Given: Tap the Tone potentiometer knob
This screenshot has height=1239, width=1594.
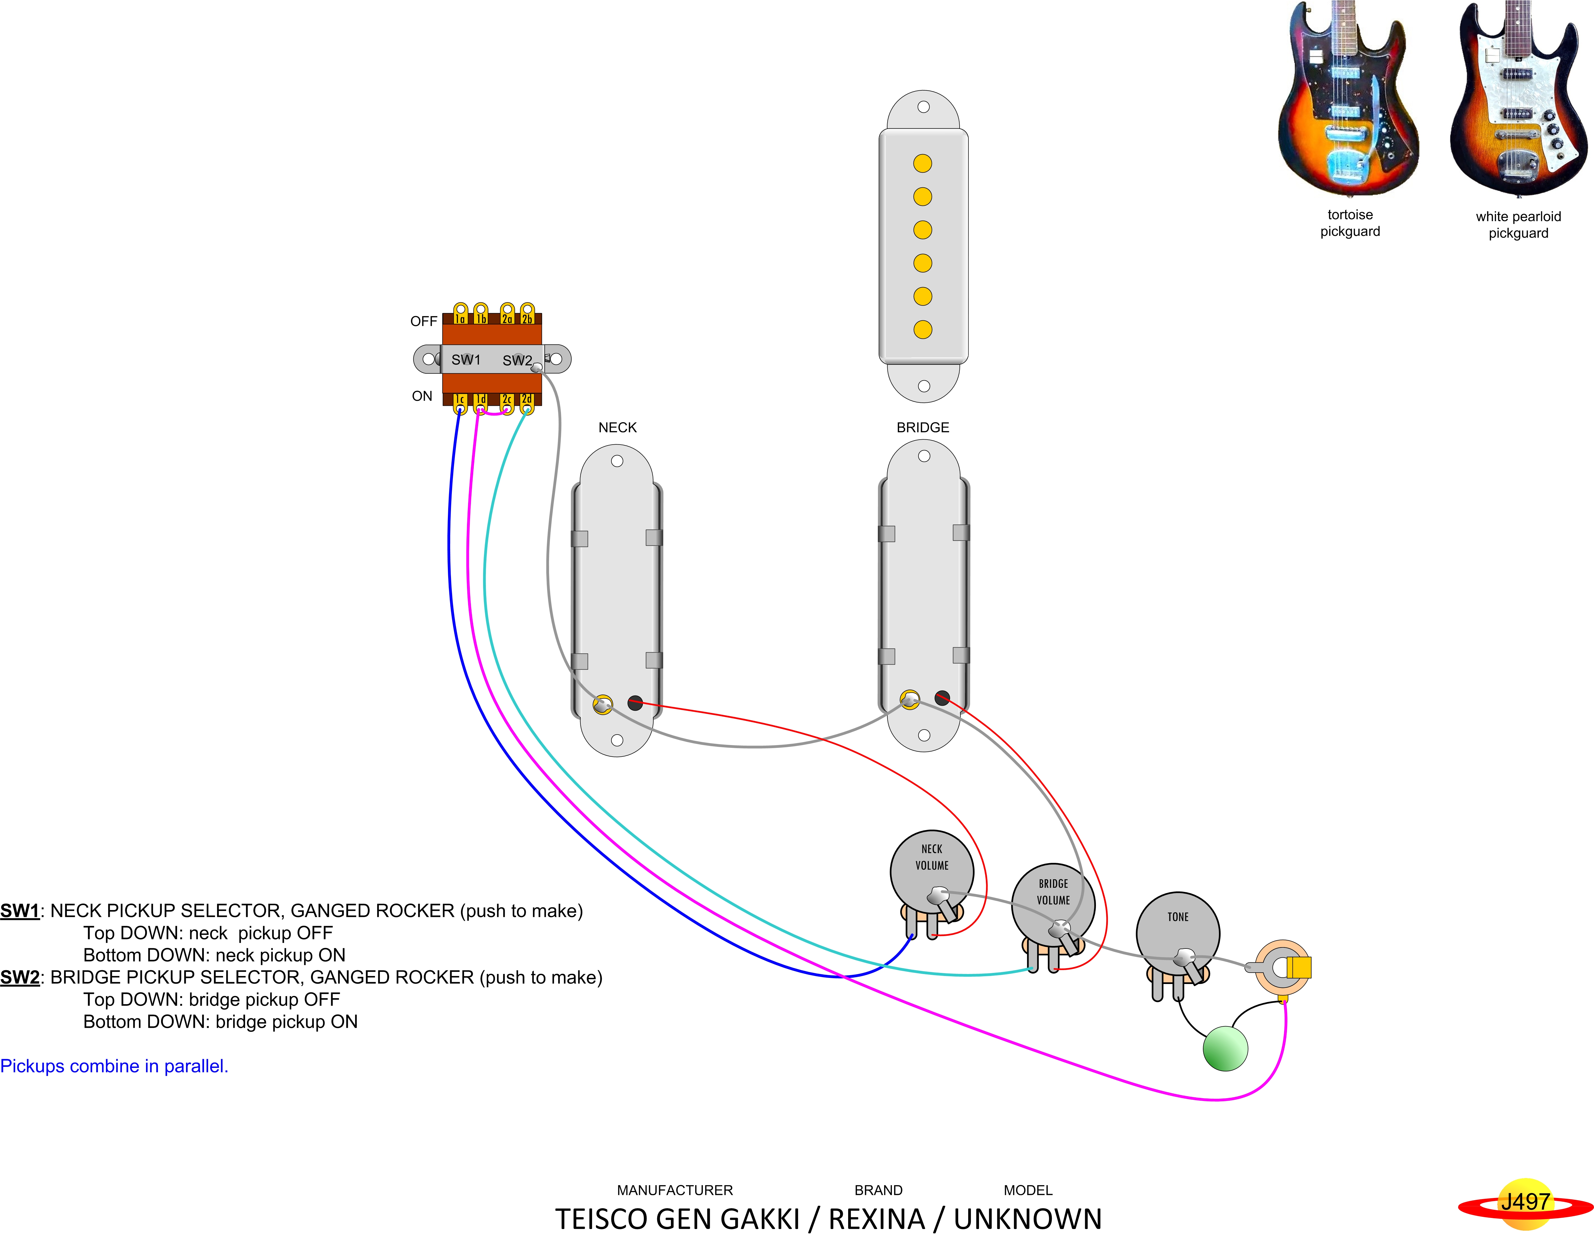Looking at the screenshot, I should [x=1177, y=932].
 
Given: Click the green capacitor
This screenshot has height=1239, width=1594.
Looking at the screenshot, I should [x=1225, y=1049].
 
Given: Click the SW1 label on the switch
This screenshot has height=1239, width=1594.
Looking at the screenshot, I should [x=466, y=360].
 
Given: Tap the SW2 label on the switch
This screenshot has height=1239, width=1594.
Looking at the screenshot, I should [x=517, y=360].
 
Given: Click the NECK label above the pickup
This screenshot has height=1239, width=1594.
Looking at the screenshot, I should [x=618, y=428].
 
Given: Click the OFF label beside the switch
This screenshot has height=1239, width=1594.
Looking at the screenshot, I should [x=423, y=321].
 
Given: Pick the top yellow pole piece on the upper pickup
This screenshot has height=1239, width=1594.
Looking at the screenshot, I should [x=922, y=164].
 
